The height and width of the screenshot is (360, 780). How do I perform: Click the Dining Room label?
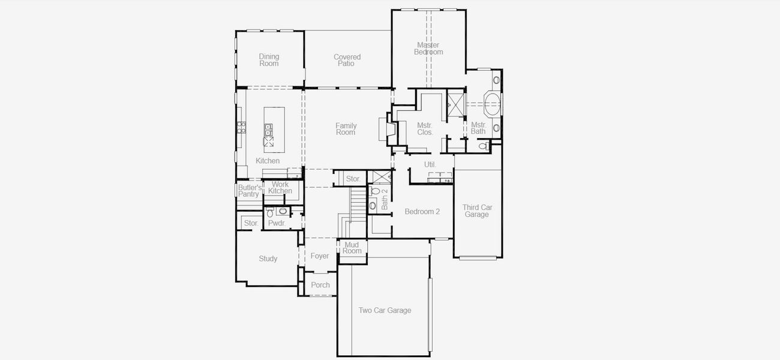[269, 60]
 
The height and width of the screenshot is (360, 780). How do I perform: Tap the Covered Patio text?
[347, 61]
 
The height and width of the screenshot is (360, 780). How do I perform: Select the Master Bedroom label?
[428, 49]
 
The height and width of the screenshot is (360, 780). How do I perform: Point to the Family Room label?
[346, 129]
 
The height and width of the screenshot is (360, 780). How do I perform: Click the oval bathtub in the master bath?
[492, 104]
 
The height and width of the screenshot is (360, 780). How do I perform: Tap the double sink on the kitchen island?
[268, 130]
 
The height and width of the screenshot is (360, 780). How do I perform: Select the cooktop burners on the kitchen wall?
[241, 127]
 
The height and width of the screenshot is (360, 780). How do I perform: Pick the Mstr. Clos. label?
[425, 129]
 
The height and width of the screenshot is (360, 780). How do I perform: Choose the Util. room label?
[430, 164]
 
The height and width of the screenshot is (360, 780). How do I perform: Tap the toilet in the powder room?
[270, 213]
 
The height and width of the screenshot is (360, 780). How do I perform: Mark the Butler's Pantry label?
[248, 191]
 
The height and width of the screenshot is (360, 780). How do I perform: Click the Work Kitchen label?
[280, 188]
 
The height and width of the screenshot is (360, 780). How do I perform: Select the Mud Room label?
[352, 248]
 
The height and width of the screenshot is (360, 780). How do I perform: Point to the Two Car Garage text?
[385, 310]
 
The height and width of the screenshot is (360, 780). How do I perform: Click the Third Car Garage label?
[477, 211]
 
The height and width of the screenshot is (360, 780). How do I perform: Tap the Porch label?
[320, 285]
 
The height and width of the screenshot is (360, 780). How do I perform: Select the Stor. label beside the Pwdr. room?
[251, 223]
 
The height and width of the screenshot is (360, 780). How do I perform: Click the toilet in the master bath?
[483, 146]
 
